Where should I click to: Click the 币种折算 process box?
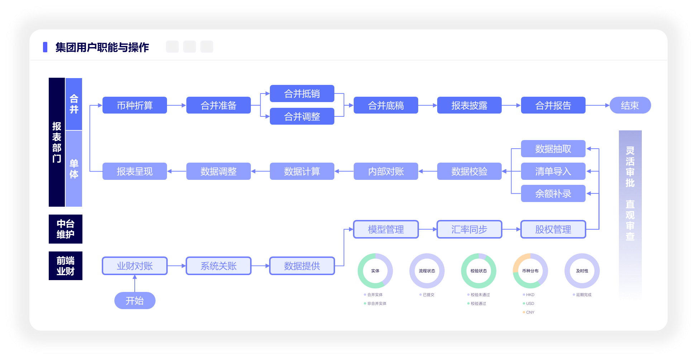click(135, 105)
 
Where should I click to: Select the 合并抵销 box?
click(302, 93)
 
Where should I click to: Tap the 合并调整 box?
click(302, 116)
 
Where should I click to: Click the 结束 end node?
click(630, 105)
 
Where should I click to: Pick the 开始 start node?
click(135, 301)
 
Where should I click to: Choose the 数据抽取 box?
click(553, 149)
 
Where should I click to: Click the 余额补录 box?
click(553, 193)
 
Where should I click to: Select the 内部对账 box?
click(386, 171)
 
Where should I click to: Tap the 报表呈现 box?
click(135, 171)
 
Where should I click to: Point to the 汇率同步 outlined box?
click(469, 229)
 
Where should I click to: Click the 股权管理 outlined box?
click(553, 229)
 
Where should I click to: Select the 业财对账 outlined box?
click(135, 266)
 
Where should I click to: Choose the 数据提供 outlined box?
click(302, 266)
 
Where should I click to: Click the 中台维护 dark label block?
click(66, 229)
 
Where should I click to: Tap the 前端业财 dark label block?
click(66, 266)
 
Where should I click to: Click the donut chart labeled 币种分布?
click(530, 271)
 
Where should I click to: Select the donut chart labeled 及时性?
click(582, 271)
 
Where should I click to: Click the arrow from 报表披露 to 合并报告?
click(511, 105)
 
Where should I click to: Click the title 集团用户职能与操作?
click(102, 47)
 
